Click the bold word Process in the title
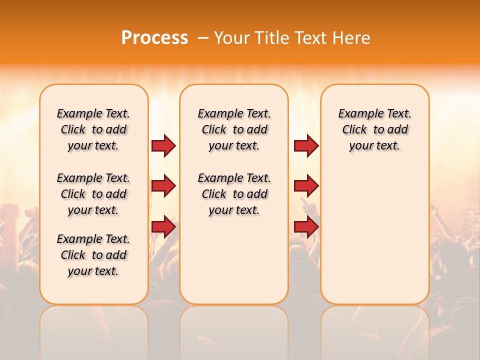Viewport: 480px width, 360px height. pyautogui.click(x=154, y=38)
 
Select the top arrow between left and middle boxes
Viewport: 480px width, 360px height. pyautogui.click(x=163, y=146)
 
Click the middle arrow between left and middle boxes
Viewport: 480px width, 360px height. pyautogui.click(x=163, y=186)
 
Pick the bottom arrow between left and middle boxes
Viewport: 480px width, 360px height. pyautogui.click(x=163, y=227)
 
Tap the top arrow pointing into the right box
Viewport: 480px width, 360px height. pyautogui.click(x=306, y=146)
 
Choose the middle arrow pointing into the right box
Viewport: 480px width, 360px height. pyautogui.click(x=306, y=186)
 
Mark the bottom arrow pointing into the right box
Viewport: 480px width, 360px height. pyautogui.click(x=306, y=227)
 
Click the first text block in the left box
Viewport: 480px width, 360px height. pyautogui.click(x=93, y=129)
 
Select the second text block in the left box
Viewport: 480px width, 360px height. pyautogui.click(x=93, y=194)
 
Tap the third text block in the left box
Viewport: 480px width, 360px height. pyautogui.click(x=93, y=255)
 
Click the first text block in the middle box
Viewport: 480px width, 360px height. pyautogui.click(x=234, y=129)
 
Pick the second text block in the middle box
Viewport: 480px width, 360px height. pyautogui.click(x=234, y=194)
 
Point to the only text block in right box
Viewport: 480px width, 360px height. pyautogui.click(x=375, y=129)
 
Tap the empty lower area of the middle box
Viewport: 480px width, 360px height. pyautogui.click(x=234, y=260)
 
